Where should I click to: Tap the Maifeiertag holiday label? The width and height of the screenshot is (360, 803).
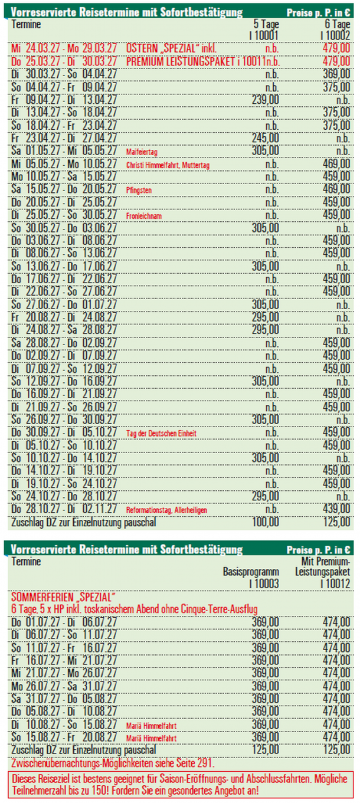pyautogui.click(x=142, y=152)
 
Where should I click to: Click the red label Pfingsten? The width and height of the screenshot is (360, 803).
pyautogui.click(x=138, y=190)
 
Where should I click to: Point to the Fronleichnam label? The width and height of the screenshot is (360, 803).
pyautogui.click(x=143, y=216)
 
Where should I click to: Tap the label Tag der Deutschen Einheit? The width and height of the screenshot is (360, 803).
pyautogui.click(x=161, y=433)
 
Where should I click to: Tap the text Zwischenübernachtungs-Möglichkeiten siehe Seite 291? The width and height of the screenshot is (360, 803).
pyautogui.click(x=109, y=762)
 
